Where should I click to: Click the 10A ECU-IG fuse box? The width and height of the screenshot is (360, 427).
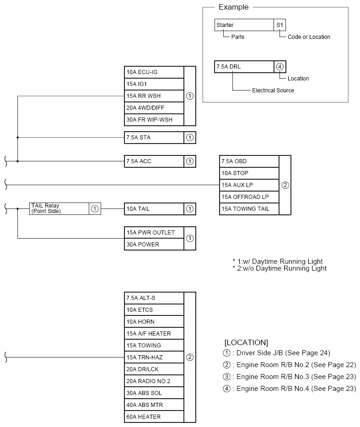pos(154,72)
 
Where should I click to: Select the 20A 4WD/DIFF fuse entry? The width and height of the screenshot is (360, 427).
pos(154,108)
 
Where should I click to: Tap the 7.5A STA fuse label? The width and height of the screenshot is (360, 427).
pos(154,138)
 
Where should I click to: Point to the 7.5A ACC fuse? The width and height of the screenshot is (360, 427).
pos(154,161)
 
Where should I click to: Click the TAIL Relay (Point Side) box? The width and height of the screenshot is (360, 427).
pos(59,208)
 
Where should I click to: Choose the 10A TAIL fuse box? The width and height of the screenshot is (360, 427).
pos(154,209)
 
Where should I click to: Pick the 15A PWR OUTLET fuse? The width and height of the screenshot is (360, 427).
pos(154,233)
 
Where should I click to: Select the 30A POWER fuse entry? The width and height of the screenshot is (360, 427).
pos(154,245)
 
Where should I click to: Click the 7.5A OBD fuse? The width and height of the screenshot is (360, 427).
pos(249,161)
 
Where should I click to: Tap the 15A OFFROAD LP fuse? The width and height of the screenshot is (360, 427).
pos(249,197)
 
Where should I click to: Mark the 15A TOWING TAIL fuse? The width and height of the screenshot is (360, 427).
pos(249,209)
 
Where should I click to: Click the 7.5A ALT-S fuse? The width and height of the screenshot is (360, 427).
pos(154,298)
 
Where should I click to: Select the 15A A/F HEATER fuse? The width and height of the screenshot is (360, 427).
pos(154,334)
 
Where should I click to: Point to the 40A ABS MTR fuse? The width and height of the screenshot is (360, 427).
pos(154,405)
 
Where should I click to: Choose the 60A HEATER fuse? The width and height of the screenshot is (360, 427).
pos(154,417)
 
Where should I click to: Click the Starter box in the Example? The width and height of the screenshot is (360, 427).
pos(244,25)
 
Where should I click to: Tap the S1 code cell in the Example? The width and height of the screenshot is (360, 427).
pos(280,25)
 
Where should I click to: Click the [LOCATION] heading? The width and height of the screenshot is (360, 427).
pos(246,342)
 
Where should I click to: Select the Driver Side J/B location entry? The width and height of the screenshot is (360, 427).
pos(276,353)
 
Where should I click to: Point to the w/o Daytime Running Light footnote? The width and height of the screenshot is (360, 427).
pos(279,268)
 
